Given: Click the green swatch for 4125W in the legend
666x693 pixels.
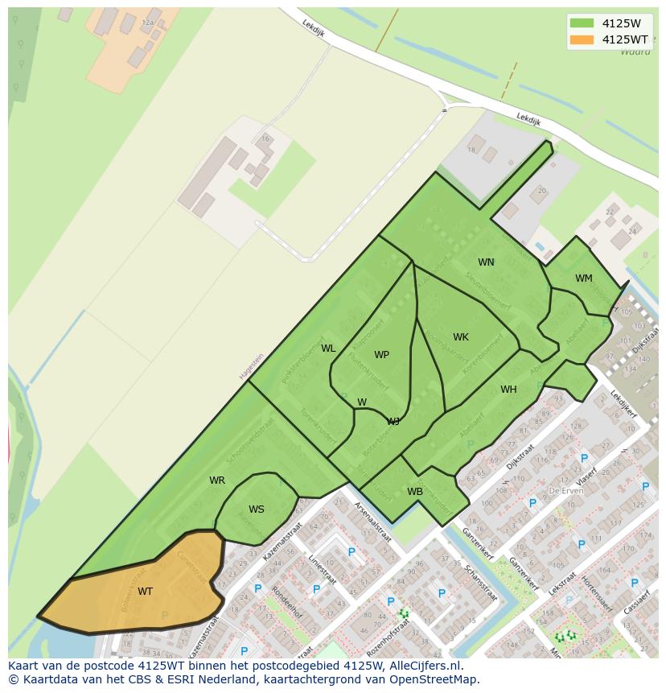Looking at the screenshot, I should coord(582,23).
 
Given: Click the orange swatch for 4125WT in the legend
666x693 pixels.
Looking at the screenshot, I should coord(582,39).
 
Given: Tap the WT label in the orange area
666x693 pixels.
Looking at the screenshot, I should coord(145,592).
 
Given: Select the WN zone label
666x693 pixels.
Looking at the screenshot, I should coord(486,262).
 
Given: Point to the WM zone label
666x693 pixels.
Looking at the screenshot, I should coord(583,278).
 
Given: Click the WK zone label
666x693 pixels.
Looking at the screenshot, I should coord(460,337).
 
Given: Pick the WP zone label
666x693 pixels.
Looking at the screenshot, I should coord(381,355).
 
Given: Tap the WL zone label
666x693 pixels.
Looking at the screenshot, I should coord(328,349).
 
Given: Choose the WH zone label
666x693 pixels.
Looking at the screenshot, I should coord(508,390).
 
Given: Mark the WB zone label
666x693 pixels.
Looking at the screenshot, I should coord(415,492).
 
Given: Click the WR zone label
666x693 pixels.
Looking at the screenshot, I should coord(217,481).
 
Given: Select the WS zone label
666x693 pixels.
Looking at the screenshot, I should coord(256,509).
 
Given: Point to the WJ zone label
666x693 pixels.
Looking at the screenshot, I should coord(393,421).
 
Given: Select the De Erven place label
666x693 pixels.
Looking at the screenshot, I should coord(565,490).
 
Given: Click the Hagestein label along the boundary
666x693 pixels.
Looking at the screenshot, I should coord(251,367).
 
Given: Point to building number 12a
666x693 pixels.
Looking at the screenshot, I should coord(147,23).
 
